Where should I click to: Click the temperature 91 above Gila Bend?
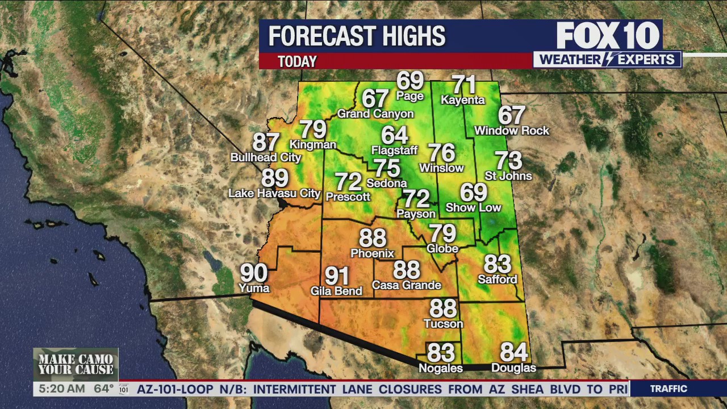coord(337,276)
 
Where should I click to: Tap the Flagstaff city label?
coord(394,151)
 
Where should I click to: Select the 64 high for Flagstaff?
coord(395,135)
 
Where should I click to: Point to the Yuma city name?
coord(254,288)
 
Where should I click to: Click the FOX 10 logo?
coord(608,36)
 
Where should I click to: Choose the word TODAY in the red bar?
coord(297,61)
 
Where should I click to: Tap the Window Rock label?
coord(512,131)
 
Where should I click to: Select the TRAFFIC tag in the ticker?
coord(668,389)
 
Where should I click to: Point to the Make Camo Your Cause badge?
coord(76,364)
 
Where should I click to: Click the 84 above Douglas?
coord(514,352)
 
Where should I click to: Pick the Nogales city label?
coord(441,368)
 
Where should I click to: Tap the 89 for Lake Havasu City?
coord(275,178)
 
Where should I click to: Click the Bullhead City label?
coord(265,157)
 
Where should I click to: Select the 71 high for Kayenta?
coord(463,85)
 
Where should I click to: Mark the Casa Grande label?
coord(407,285)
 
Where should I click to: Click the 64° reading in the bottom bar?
coord(104,389)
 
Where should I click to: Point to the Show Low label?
coord(473,207)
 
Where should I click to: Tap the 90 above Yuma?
coord(254,273)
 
